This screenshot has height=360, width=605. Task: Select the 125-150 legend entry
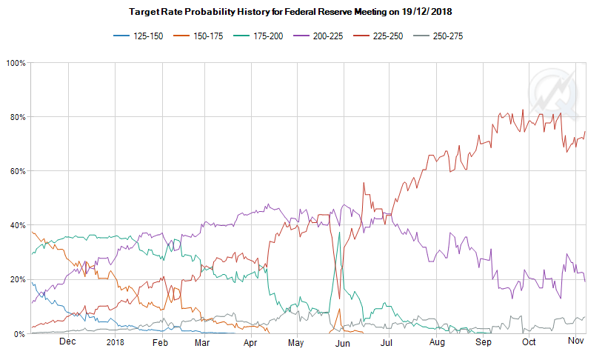[x=140, y=36]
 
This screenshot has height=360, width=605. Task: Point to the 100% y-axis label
[x=16, y=63]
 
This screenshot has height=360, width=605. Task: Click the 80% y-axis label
[x=18, y=117]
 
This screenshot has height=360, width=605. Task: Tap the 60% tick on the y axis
[x=18, y=171]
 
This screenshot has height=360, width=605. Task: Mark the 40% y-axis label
[x=18, y=225]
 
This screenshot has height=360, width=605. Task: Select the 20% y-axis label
[x=18, y=279]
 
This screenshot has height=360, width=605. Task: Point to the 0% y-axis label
[x=20, y=333]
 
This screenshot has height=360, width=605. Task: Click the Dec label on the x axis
[x=67, y=342]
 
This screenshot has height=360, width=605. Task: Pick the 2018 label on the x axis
[x=115, y=342]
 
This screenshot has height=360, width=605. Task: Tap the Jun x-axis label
[x=343, y=342]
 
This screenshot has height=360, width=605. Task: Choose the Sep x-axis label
[x=483, y=342]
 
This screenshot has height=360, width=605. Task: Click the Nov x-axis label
[x=575, y=342]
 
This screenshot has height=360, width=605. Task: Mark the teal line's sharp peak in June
[x=339, y=233]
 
